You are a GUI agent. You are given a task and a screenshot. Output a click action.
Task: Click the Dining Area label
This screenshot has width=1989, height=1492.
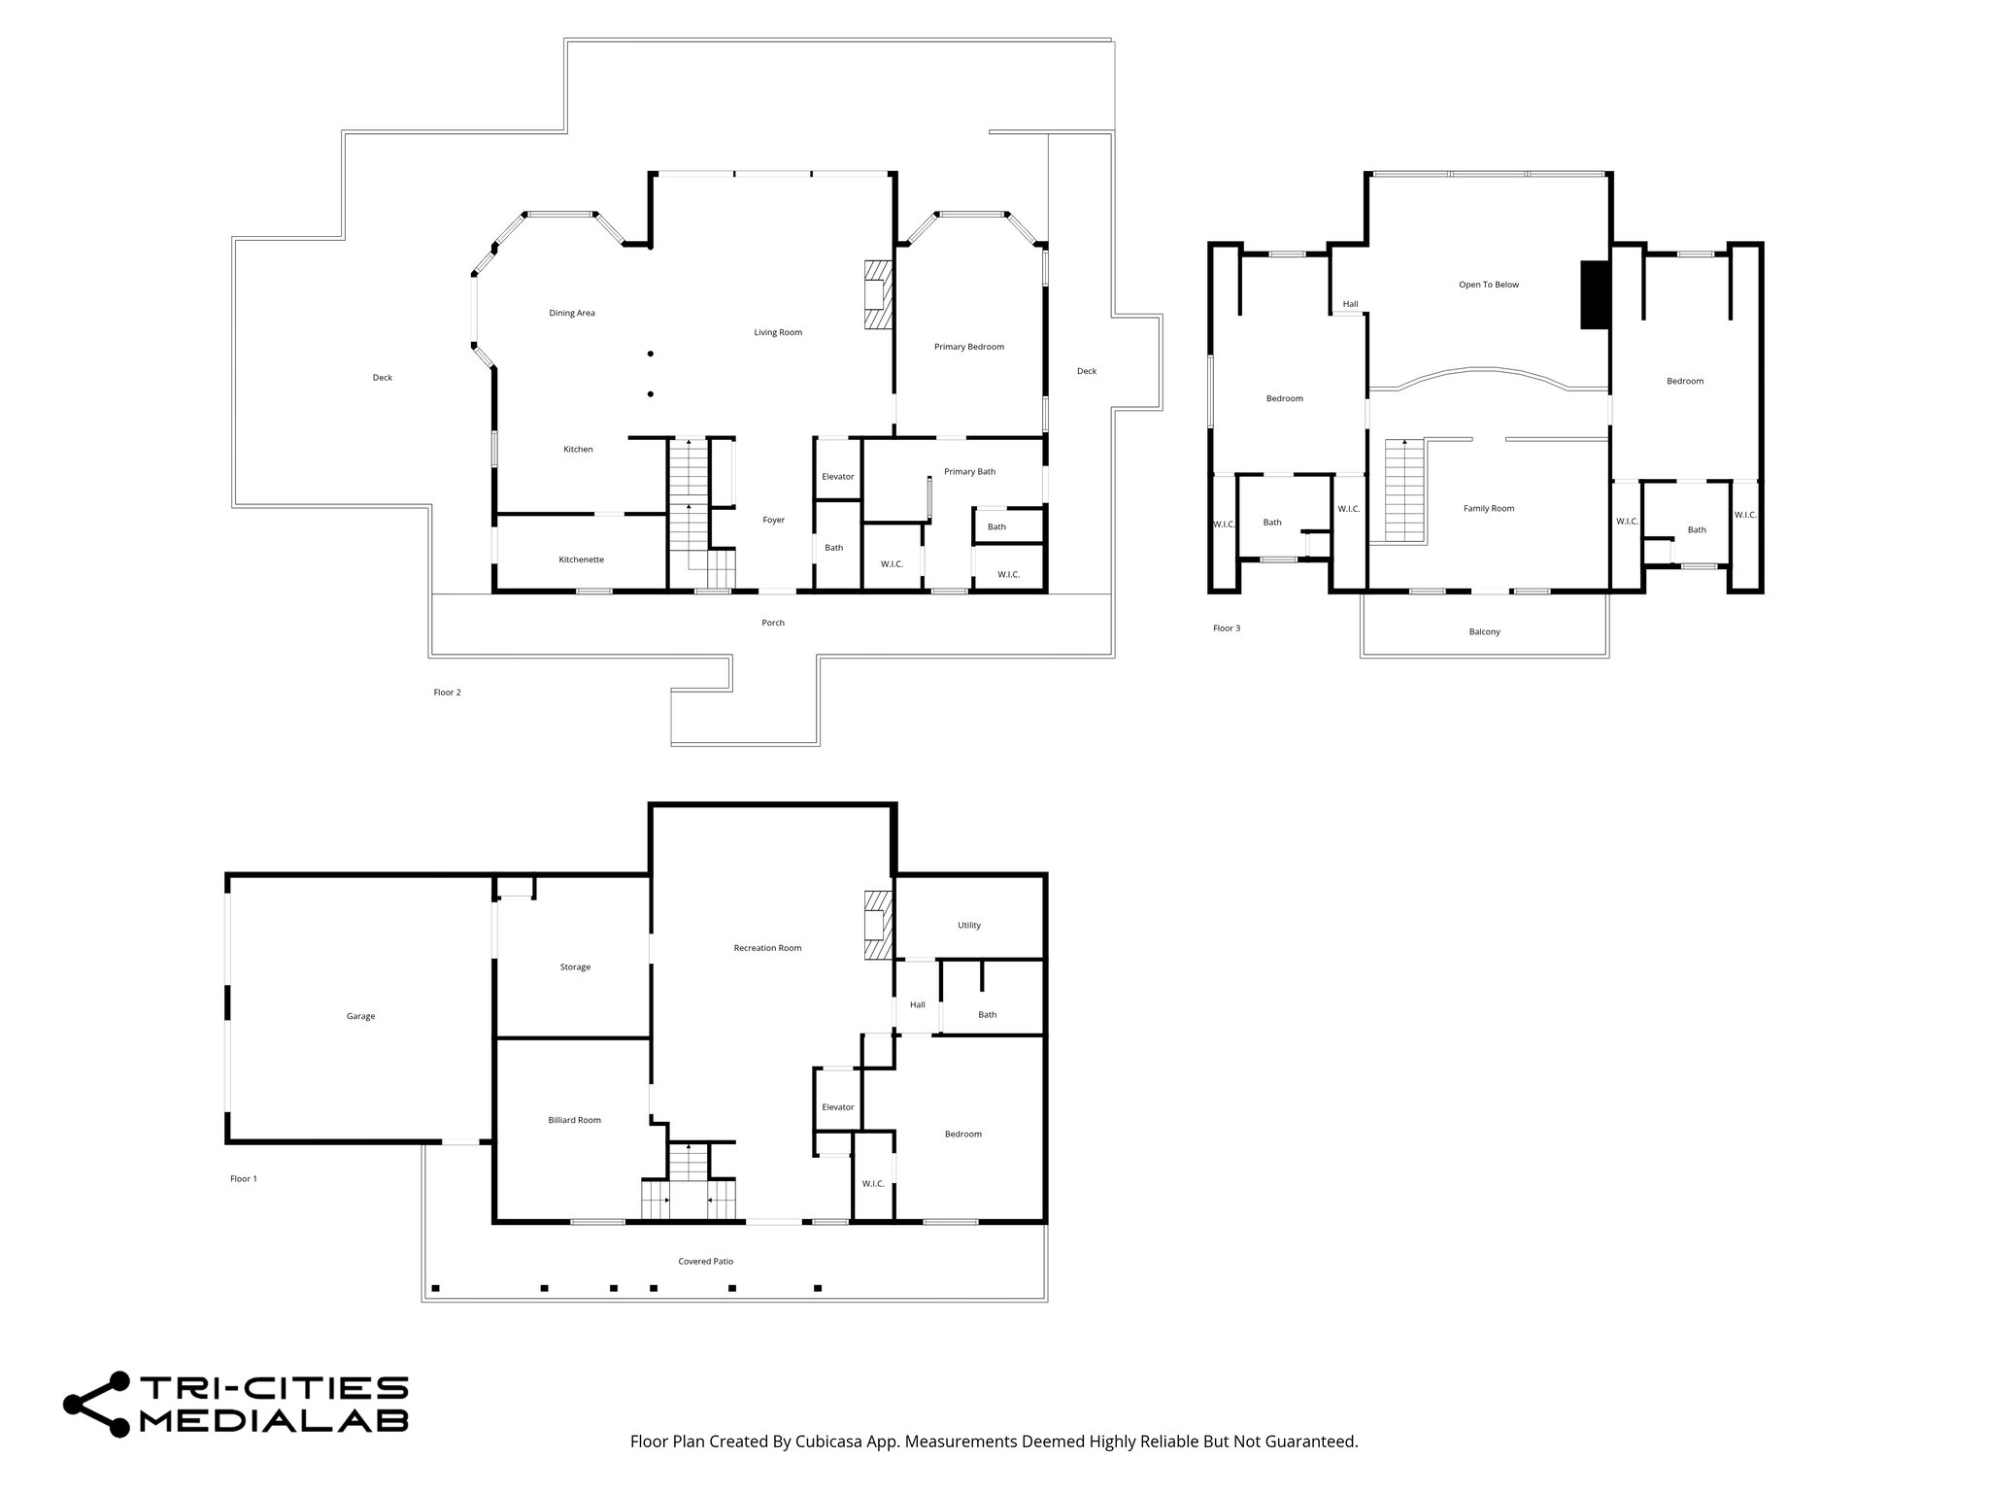572,313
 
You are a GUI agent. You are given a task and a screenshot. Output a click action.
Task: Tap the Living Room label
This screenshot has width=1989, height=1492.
778,332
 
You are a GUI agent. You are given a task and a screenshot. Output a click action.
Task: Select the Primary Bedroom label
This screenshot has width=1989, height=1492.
969,347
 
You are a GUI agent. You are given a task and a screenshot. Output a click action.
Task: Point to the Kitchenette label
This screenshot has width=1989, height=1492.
581,559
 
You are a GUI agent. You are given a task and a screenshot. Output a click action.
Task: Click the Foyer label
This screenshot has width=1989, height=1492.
773,520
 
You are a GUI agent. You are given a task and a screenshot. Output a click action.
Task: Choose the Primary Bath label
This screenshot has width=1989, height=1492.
969,472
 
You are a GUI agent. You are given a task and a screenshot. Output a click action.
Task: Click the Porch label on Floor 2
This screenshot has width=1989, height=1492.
773,623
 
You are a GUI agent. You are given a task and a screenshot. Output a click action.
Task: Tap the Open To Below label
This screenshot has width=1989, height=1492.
1489,285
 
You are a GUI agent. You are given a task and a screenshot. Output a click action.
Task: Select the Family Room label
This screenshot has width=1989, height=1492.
1489,508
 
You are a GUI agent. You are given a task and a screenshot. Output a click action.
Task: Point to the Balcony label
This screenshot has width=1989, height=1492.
1484,631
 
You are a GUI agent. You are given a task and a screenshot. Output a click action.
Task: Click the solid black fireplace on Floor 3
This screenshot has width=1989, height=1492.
1595,294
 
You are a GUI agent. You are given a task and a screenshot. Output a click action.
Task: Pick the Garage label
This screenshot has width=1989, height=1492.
360,1016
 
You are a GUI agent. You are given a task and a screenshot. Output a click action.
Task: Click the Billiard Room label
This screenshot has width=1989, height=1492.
574,1120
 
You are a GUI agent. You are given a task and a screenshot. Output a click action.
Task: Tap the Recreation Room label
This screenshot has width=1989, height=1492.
767,948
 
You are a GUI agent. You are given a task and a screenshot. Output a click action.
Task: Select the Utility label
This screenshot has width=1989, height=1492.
969,925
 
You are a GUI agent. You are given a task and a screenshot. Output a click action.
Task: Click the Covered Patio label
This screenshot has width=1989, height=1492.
705,1261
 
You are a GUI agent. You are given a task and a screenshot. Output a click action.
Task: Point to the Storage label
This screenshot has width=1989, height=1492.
575,966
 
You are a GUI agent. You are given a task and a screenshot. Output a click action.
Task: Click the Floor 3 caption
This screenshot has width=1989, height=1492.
1227,628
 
